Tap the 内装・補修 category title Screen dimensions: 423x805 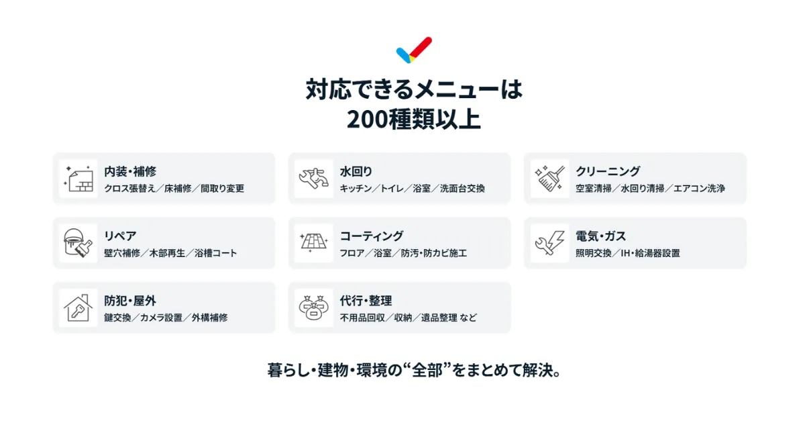tap(130, 171)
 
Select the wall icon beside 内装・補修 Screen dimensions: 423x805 tap(78, 178)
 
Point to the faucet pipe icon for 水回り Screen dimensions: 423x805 tap(314, 178)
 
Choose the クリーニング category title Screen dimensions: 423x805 tap(608, 171)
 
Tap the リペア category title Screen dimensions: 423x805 tap(121, 236)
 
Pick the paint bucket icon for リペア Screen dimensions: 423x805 tap(78, 243)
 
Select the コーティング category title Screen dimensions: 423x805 tap(372, 236)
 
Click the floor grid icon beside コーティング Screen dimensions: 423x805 tap(314, 243)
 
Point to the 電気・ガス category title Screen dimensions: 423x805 tap(600, 236)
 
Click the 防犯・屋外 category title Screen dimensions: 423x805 tap(130, 301)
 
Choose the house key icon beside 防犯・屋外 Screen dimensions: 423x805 tap(78, 308)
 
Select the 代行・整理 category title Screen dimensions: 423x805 tap(366, 301)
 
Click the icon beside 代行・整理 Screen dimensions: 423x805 tap(314, 308)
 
